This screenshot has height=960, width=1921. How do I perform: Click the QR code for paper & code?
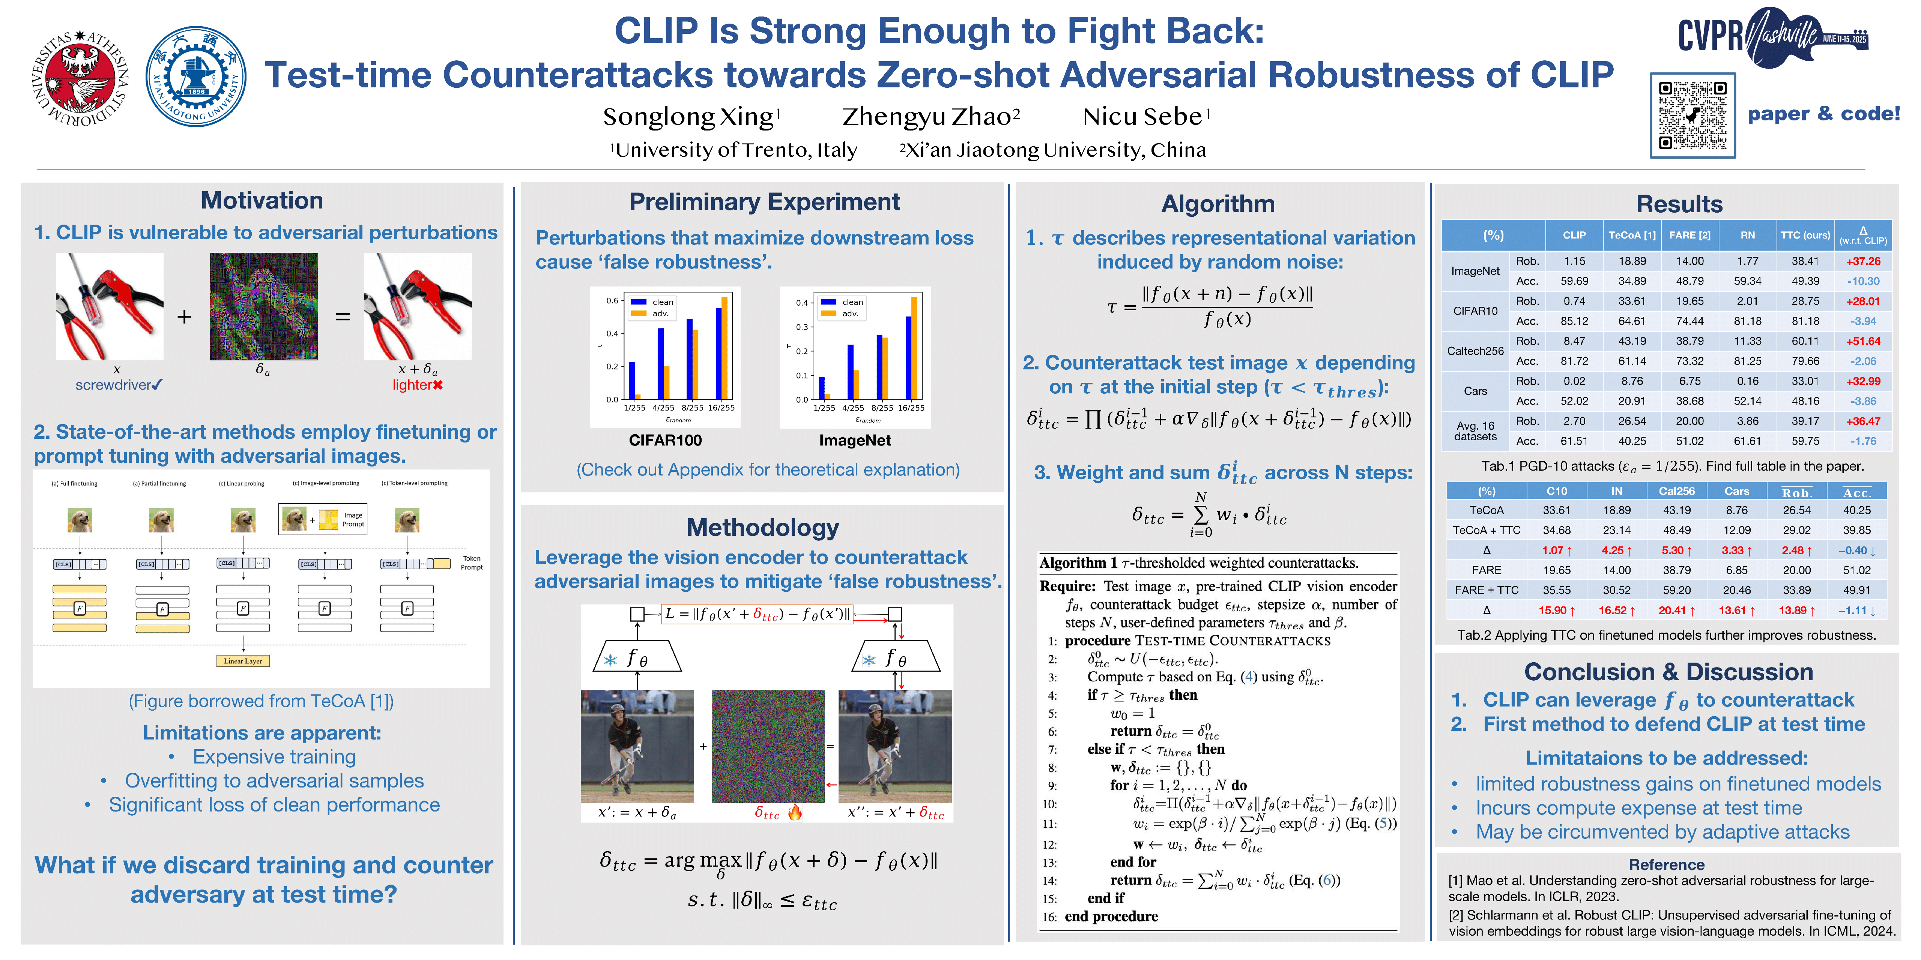click(1692, 115)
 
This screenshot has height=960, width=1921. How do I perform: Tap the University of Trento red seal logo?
click(81, 78)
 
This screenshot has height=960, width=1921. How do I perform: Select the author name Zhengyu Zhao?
click(930, 117)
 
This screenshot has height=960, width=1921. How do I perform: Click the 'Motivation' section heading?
click(262, 201)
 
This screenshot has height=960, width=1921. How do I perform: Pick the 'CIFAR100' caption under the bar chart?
click(665, 441)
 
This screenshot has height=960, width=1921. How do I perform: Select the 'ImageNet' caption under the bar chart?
click(855, 441)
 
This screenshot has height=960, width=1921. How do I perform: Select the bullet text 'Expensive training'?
click(274, 757)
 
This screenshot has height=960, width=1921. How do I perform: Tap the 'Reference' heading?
click(1666, 865)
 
